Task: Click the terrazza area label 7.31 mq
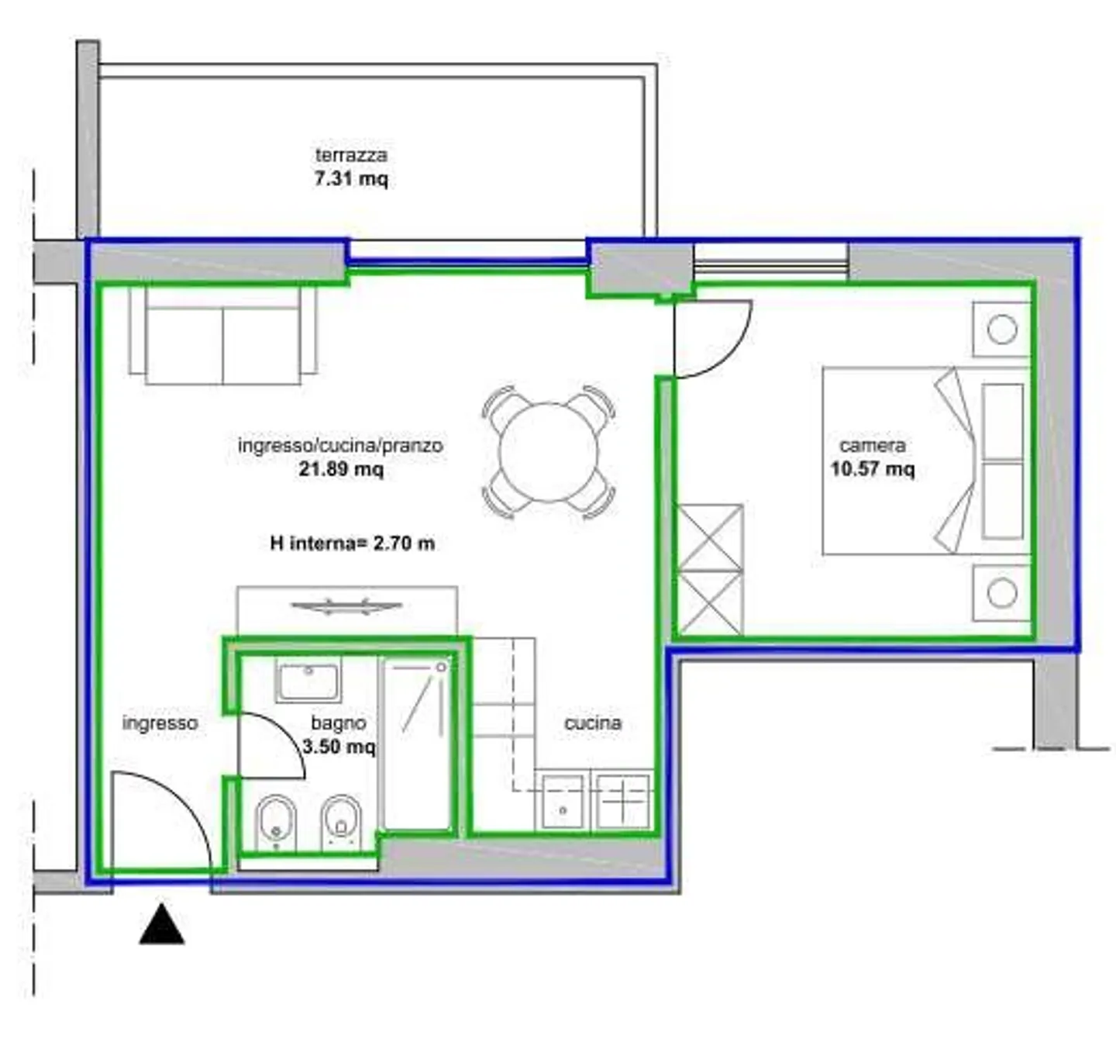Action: click(x=351, y=179)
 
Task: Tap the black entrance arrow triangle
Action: click(x=162, y=923)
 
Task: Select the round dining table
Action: click(x=549, y=452)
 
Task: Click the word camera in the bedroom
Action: click(x=873, y=445)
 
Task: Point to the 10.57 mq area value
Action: click(x=873, y=469)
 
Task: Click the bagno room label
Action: click(x=339, y=723)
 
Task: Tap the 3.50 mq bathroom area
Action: click(x=339, y=747)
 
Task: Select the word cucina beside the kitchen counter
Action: click(x=593, y=723)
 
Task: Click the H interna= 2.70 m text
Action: click(x=353, y=544)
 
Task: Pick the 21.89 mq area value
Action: click(x=341, y=469)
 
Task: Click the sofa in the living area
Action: click(x=222, y=335)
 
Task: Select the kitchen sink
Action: click(x=563, y=802)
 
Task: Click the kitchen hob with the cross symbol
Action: click(x=622, y=801)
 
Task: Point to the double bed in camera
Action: click(x=926, y=461)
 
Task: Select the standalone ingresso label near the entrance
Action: click(x=160, y=723)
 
